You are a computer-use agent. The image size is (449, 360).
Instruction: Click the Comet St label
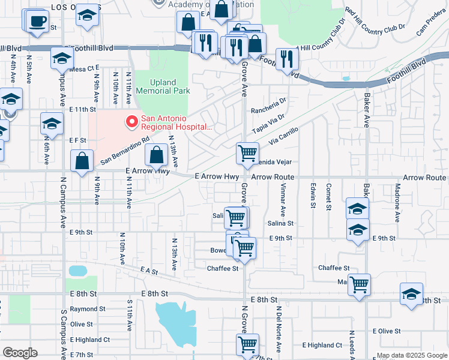[328, 197]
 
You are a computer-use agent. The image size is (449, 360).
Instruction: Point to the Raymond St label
[88, 309]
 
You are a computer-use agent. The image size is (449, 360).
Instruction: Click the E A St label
[148, 271]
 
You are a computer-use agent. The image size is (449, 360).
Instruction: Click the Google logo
[20, 353]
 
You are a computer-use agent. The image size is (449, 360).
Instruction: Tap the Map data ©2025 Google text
[412, 355]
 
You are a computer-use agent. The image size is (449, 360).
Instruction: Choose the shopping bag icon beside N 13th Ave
[156, 155]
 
